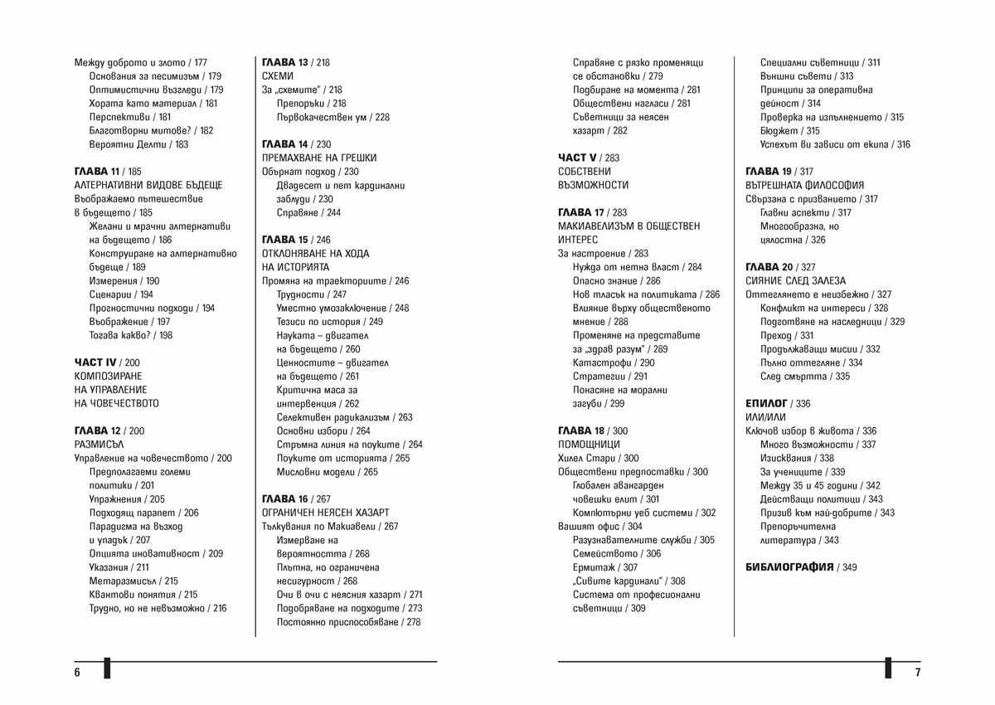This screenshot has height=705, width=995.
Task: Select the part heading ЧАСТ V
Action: click(577, 158)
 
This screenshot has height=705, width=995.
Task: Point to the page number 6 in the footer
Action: click(77, 672)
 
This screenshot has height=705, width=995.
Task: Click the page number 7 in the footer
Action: click(918, 672)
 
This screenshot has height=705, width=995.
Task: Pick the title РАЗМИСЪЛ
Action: click(99, 445)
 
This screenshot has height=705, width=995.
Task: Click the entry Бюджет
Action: click(778, 131)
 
